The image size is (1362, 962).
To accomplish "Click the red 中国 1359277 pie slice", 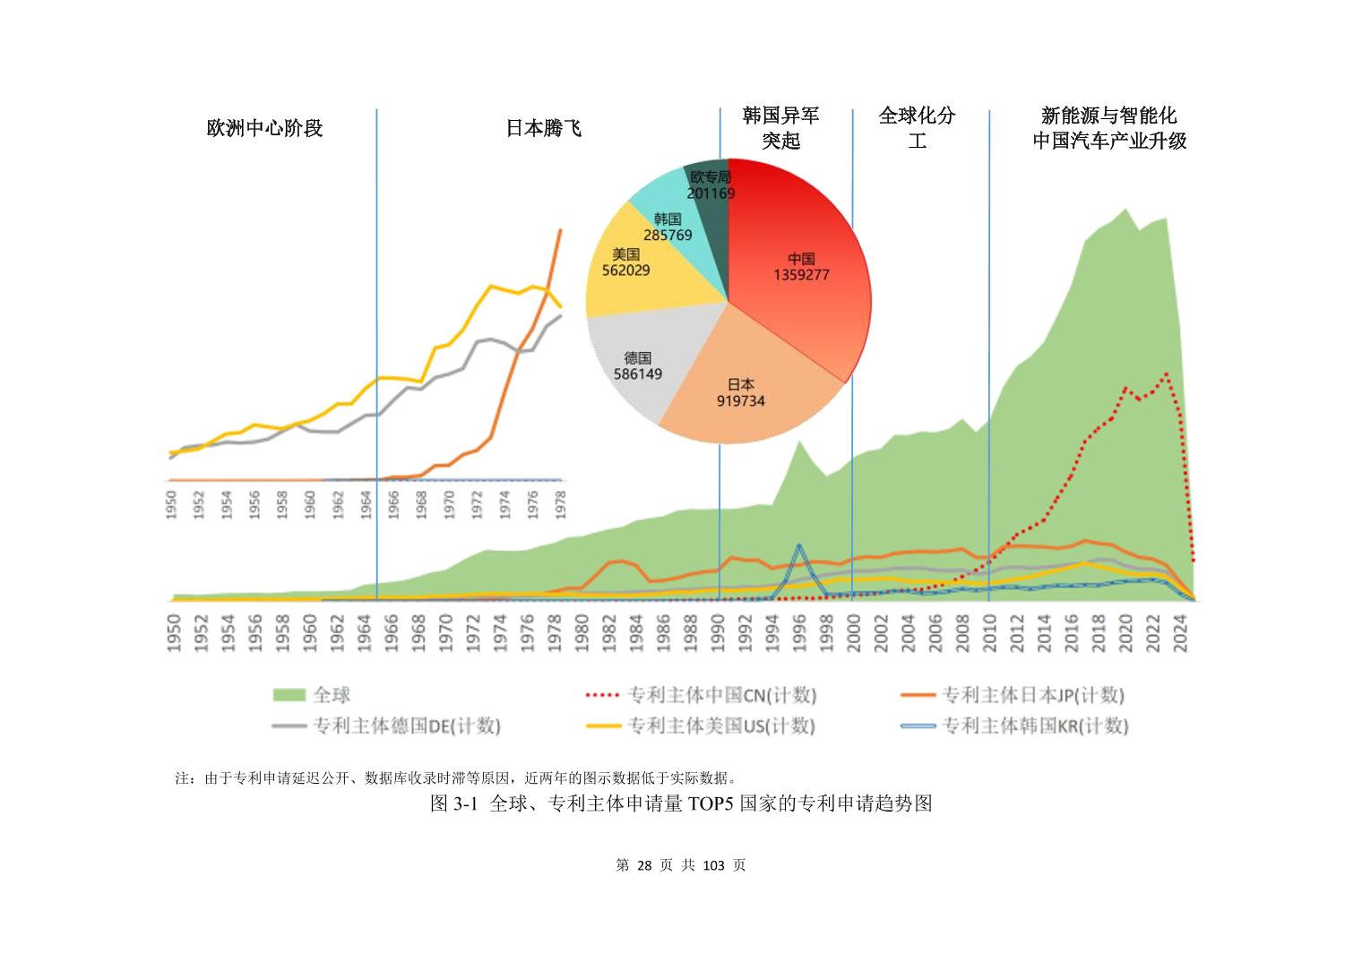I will tap(801, 268).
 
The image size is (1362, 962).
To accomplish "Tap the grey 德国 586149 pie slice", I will tap(637, 365).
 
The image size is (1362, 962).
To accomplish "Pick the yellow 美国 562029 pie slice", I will tap(625, 262).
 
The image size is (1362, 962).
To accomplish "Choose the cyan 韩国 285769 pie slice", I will tap(668, 227).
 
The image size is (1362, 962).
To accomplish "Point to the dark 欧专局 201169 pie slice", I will tap(711, 185).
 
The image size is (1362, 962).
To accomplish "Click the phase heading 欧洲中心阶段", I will tap(264, 128).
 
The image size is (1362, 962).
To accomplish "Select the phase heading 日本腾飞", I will tap(544, 128).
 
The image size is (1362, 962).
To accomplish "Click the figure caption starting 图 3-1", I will tap(681, 803).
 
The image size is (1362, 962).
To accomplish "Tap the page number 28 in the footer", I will tap(645, 865).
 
